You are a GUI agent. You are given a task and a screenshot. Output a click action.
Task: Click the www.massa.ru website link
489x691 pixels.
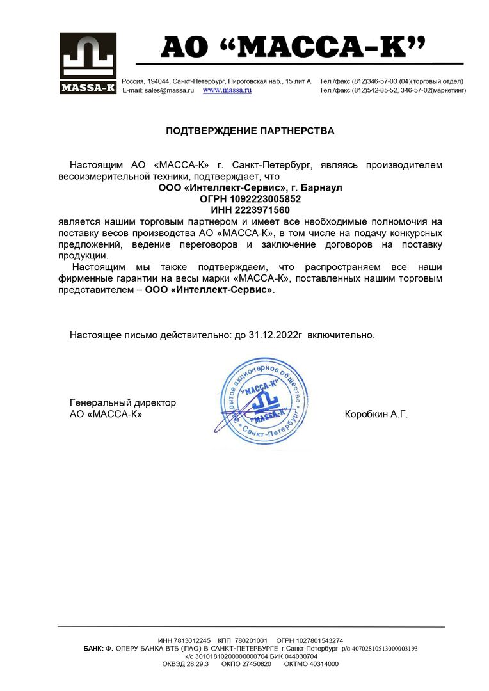(x=227, y=91)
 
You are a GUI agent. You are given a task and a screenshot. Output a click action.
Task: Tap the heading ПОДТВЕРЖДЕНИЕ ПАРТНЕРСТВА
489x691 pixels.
(x=250, y=131)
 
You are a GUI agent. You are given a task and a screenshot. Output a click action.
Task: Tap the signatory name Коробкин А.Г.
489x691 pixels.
(x=376, y=414)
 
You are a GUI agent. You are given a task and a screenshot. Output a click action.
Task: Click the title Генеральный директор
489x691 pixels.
(x=123, y=403)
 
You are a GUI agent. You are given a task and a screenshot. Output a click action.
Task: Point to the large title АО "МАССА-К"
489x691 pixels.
(x=293, y=47)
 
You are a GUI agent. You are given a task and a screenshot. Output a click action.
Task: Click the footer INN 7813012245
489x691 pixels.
(x=191, y=640)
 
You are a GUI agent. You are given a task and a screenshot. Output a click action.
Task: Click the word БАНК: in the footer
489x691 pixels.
(x=93, y=648)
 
